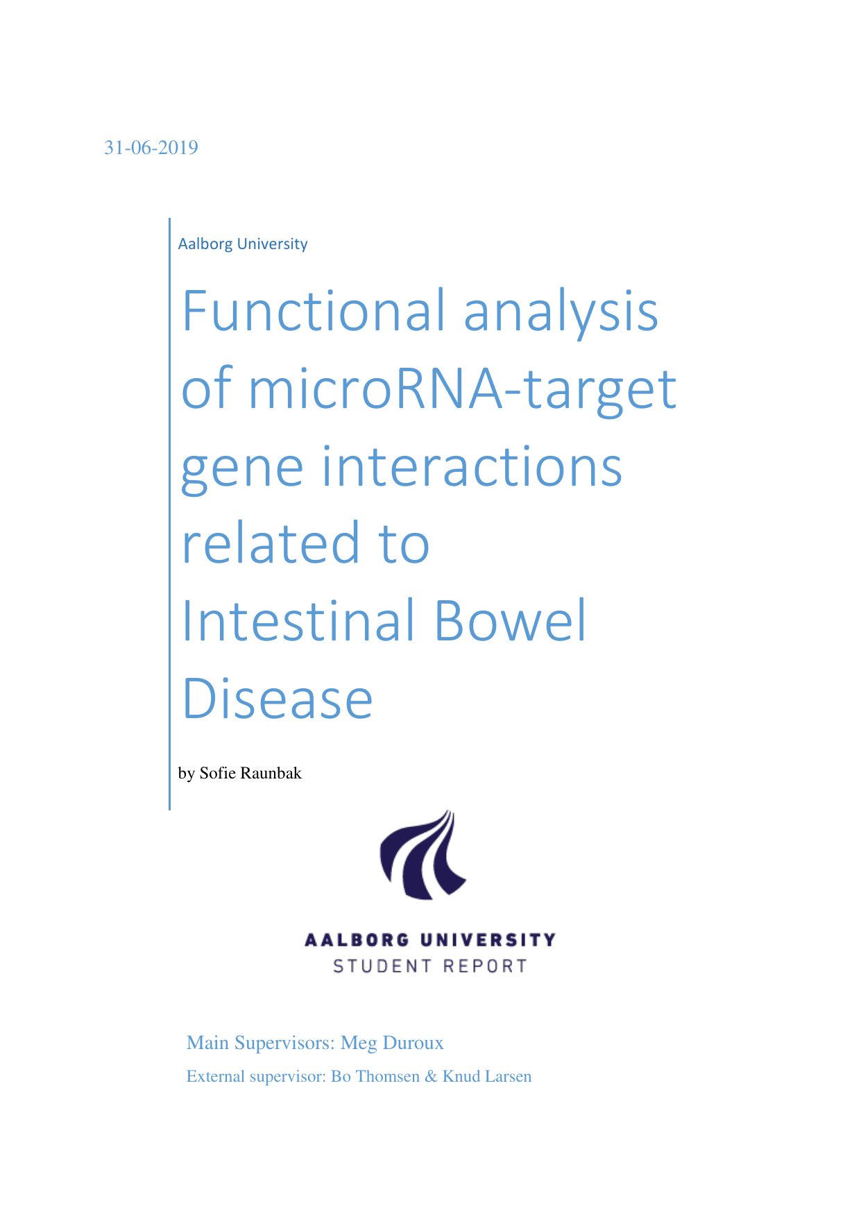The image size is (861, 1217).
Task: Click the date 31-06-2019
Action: coord(151,148)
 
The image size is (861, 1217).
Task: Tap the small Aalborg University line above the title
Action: coord(243,244)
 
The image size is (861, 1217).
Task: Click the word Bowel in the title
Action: coord(511,620)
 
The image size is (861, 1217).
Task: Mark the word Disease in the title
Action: coord(278,698)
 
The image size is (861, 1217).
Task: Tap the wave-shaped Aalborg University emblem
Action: coord(423,856)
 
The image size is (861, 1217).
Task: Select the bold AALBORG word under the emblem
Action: coord(357,940)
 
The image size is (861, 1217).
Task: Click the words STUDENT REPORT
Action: coord(430,966)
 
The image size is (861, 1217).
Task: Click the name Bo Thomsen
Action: coord(375,1077)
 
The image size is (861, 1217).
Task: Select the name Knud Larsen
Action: coord(487,1077)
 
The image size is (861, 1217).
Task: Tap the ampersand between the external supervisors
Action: coord(432,1077)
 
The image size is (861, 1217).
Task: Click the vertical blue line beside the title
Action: coord(169,514)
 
